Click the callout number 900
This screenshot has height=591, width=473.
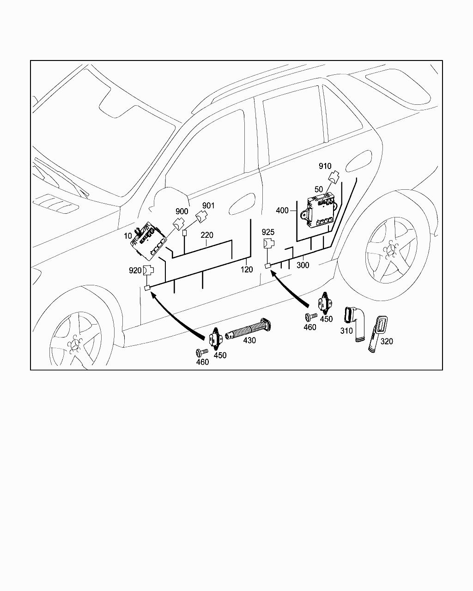click(182, 211)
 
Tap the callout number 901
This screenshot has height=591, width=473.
click(208, 205)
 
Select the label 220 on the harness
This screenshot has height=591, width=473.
click(207, 235)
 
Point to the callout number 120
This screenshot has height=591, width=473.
click(247, 270)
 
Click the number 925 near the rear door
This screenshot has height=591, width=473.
click(268, 232)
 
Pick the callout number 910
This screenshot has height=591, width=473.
click(325, 166)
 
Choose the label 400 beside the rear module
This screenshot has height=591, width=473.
click(282, 211)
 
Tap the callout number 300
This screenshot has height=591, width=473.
click(303, 265)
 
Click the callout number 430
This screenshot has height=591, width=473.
click(249, 340)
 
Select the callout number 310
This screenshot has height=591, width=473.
click(346, 331)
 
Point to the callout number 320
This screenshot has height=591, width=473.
click(387, 341)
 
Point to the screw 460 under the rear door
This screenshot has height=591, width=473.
click(311, 317)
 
